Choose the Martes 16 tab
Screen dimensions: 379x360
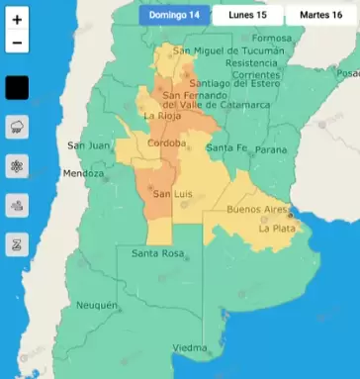point(315,16)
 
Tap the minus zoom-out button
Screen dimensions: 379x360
point(18,44)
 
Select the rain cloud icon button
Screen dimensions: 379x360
point(18,126)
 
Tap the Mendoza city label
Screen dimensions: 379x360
point(83,173)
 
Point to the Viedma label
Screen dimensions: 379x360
point(190,348)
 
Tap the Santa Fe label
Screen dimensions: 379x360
point(226,148)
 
